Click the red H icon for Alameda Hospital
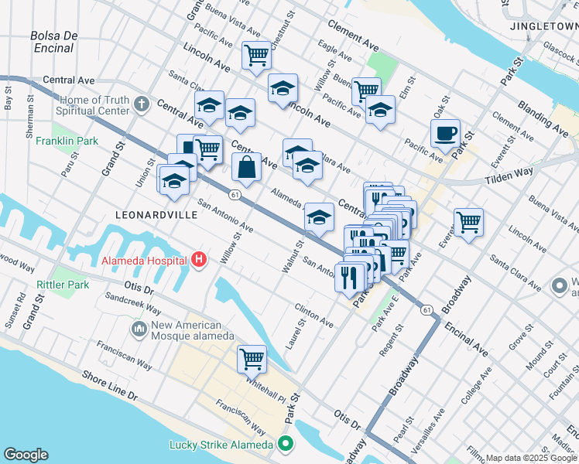[199, 259]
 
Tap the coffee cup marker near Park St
[446, 133]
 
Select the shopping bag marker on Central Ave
[246, 167]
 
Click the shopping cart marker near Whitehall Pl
[252, 359]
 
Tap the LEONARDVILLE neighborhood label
[156, 214]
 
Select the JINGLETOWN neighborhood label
[544, 26]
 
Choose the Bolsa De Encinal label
[54, 42]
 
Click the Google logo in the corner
[26, 455]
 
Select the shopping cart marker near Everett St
[468, 223]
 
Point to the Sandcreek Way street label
[129, 297]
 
